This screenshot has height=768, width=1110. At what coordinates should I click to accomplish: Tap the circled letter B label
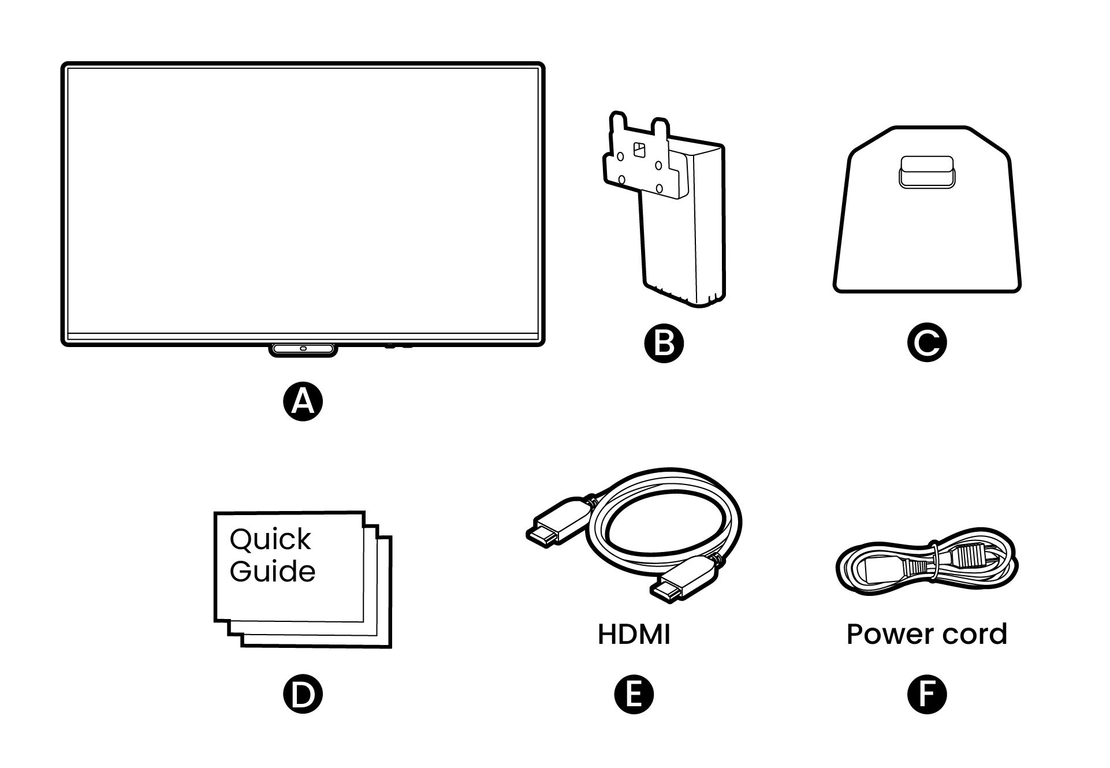pyautogui.click(x=664, y=343)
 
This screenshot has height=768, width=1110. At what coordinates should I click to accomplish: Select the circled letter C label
pyautogui.click(x=927, y=343)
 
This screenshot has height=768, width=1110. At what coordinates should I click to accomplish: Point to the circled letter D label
pyautogui.click(x=303, y=694)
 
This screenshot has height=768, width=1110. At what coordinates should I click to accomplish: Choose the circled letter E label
pyautogui.click(x=634, y=694)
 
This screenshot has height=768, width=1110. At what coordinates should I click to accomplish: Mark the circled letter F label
pyautogui.click(x=927, y=694)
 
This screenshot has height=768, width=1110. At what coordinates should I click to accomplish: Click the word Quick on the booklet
pyautogui.click(x=270, y=540)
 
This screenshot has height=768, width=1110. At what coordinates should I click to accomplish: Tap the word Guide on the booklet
pyautogui.click(x=273, y=571)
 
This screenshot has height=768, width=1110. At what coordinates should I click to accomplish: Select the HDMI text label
pyautogui.click(x=634, y=634)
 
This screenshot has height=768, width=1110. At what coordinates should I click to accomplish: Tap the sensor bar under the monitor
pyautogui.click(x=303, y=349)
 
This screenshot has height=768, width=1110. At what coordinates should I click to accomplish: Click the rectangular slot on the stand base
pyautogui.click(x=926, y=172)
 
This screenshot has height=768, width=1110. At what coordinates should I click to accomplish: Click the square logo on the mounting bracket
pyautogui.click(x=639, y=150)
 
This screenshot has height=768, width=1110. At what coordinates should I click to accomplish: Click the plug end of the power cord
pyautogui.click(x=970, y=557)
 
